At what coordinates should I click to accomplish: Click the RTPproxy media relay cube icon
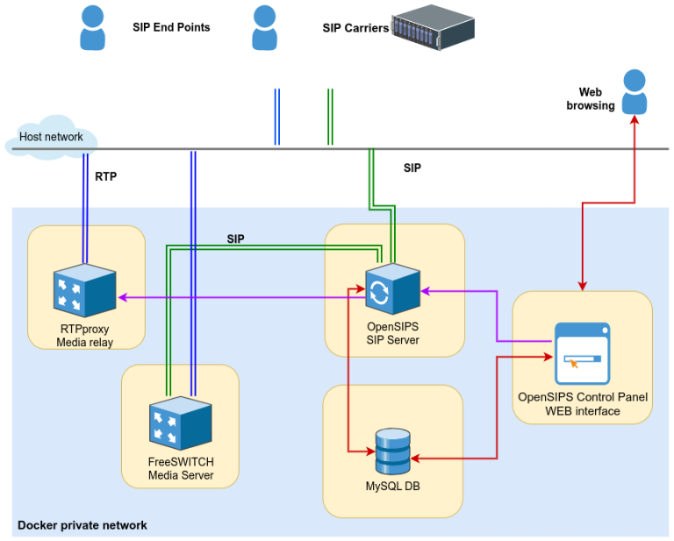84,290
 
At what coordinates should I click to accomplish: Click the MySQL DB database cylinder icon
391,451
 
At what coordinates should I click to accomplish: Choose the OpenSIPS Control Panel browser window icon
582,353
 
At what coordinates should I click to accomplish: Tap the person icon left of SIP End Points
92,27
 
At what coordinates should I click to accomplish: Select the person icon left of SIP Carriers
264,27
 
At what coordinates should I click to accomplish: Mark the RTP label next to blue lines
105,176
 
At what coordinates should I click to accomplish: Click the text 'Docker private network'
82,525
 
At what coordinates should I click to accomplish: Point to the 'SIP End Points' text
171,27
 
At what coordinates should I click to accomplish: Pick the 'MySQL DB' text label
391,486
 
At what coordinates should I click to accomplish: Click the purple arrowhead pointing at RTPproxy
123,297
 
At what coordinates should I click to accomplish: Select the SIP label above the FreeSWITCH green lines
235,238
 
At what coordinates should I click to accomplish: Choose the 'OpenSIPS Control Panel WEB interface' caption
583,403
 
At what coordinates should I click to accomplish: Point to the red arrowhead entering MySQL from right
416,459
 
